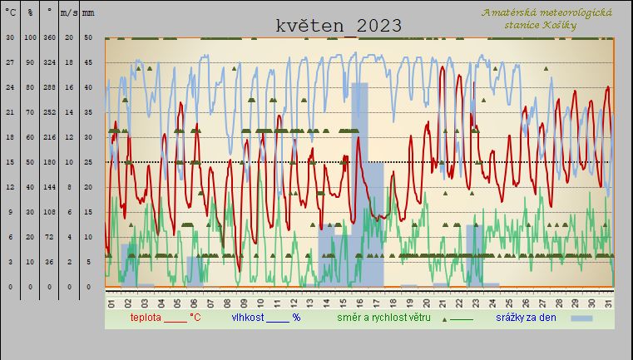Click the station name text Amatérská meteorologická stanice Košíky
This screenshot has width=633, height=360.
point(546,18)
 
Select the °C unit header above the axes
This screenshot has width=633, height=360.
point(10,14)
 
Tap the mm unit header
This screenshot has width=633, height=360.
point(88,14)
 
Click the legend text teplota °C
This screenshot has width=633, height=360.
point(165,318)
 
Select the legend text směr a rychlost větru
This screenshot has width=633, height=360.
point(389,318)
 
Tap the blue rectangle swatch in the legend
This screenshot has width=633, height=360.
point(581,318)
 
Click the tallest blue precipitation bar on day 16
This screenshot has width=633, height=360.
point(359,183)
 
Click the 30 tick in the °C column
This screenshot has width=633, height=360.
point(10,37)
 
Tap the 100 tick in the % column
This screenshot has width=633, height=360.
point(30,37)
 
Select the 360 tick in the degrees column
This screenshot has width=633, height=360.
point(50,37)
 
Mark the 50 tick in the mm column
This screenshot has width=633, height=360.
point(88,37)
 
